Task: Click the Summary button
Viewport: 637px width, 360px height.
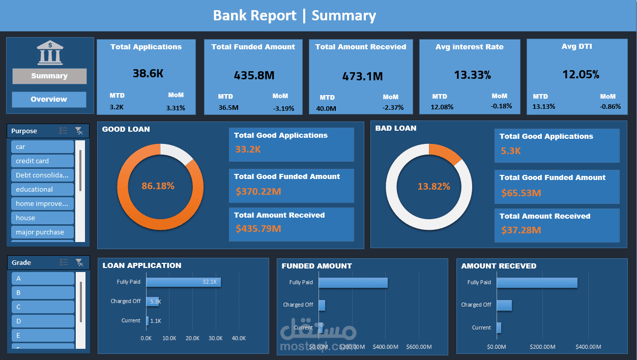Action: (x=49, y=76)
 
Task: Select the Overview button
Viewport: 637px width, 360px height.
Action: (x=49, y=100)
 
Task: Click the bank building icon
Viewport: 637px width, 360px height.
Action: (x=49, y=53)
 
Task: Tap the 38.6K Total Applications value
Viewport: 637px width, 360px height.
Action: (x=148, y=73)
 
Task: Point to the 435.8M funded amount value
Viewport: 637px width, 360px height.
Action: (x=254, y=76)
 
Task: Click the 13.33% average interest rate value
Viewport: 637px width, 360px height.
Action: (x=472, y=75)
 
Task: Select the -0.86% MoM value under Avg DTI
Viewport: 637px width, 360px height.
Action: (x=610, y=106)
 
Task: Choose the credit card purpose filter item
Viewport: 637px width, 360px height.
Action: (x=43, y=161)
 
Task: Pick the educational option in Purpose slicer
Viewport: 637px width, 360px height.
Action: (x=43, y=189)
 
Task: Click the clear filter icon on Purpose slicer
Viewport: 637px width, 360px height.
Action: (x=79, y=131)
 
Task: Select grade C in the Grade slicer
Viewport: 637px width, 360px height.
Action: (x=43, y=307)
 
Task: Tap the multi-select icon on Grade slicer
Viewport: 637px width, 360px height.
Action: (x=64, y=262)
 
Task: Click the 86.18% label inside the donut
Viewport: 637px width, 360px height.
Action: (x=158, y=186)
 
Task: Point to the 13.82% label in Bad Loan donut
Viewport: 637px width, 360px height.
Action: (x=433, y=187)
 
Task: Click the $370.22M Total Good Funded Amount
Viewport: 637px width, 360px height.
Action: (x=258, y=192)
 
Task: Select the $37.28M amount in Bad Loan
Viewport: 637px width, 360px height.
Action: (x=521, y=230)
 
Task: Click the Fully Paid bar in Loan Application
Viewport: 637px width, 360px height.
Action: (x=183, y=282)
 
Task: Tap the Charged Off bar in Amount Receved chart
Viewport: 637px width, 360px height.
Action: (x=504, y=305)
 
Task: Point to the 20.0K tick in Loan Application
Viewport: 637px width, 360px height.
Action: (x=192, y=339)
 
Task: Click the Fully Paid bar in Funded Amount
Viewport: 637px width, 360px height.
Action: (x=353, y=283)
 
